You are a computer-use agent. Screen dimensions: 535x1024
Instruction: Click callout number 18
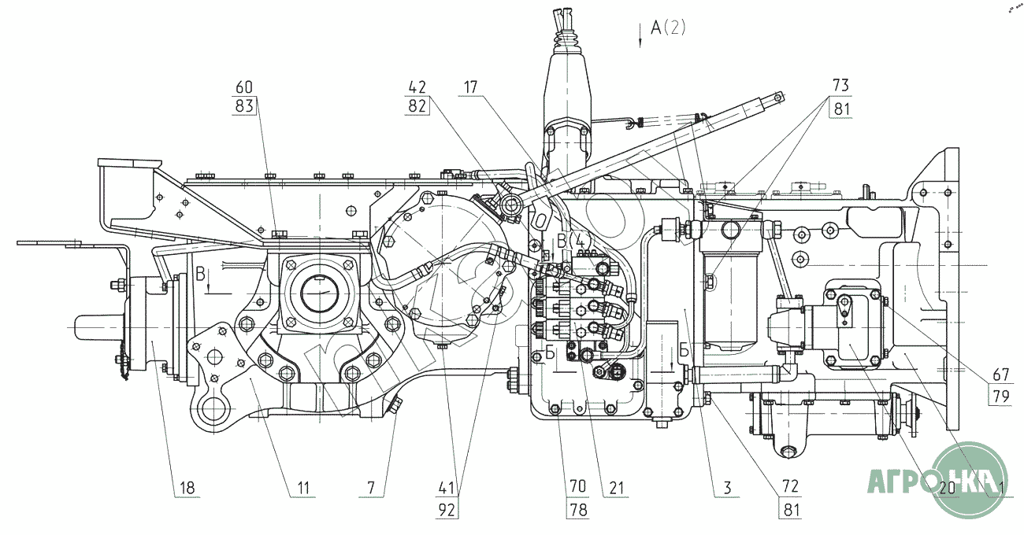[x=186, y=488]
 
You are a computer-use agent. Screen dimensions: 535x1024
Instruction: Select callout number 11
[x=302, y=488]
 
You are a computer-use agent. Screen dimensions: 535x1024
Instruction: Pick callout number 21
[x=614, y=488]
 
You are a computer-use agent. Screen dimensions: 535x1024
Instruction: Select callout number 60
[x=245, y=87]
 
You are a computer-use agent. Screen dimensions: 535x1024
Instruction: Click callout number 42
[x=417, y=87]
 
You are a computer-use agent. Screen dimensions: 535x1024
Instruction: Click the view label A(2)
[x=669, y=29]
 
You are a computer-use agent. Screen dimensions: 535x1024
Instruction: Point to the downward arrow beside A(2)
[x=640, y=35]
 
